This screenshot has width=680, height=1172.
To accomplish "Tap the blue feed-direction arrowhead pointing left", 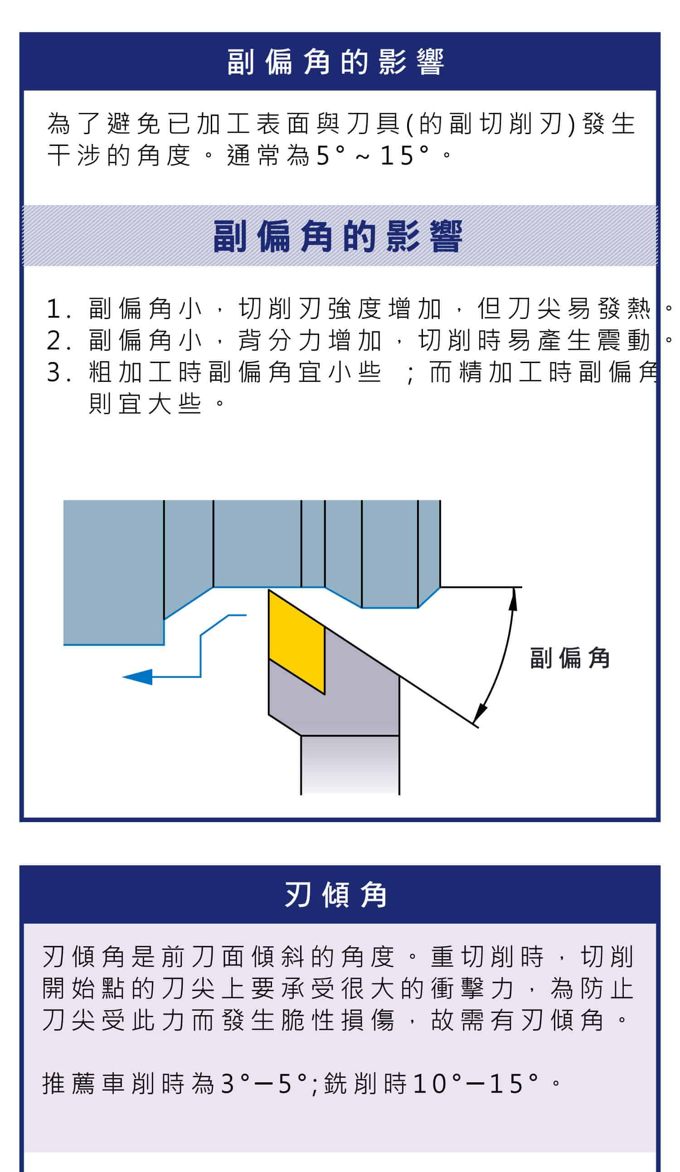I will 138,677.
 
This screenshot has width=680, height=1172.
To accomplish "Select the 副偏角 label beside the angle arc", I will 570,658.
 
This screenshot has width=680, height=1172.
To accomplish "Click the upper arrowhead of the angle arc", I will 513,600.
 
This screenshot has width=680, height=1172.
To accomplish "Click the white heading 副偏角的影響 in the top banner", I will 335,62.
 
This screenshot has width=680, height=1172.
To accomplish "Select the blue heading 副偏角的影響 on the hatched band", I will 338,237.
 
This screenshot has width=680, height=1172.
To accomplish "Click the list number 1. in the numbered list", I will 58,309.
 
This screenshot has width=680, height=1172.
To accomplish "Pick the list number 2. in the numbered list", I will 58,340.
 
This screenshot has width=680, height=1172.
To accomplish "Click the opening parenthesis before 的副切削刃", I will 409,125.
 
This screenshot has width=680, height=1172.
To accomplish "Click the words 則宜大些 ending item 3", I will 145,404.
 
